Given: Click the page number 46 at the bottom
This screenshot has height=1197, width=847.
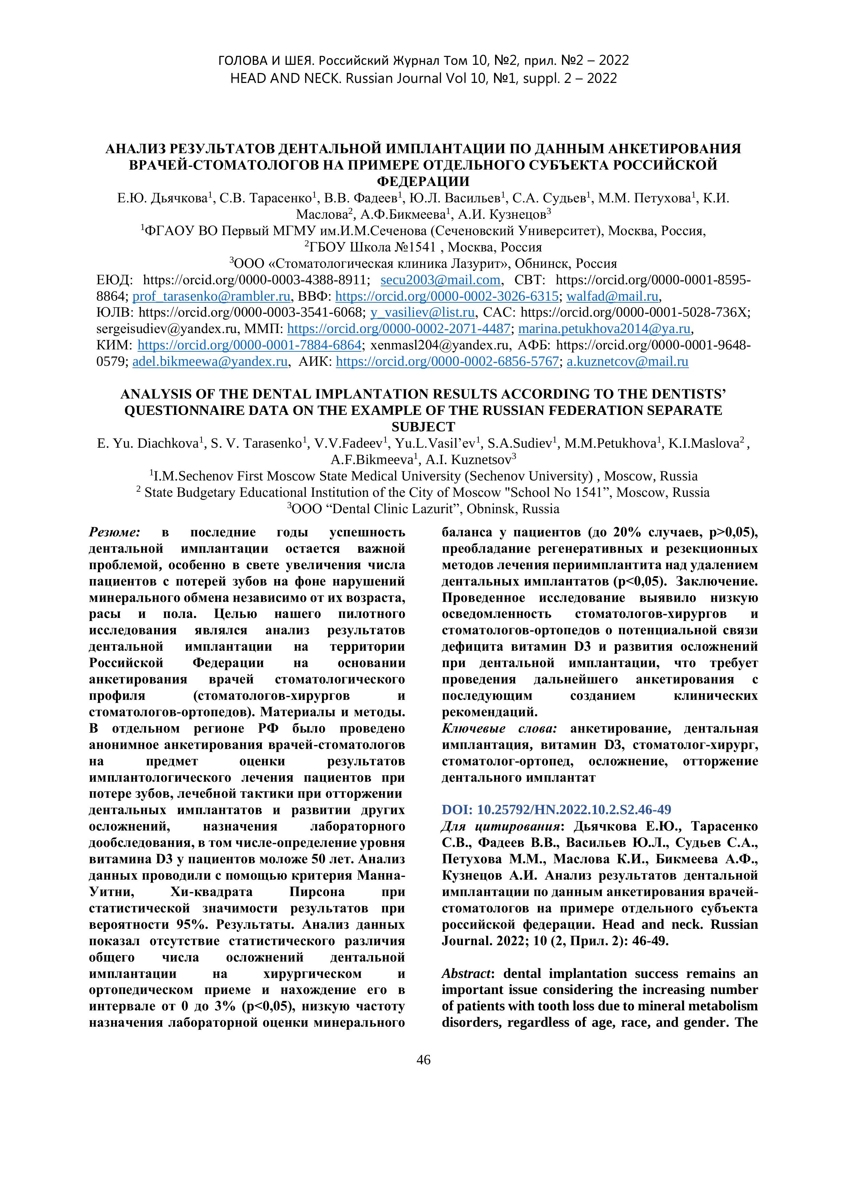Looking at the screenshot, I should point(423,1060).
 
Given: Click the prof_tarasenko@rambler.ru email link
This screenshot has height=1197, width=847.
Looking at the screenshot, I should point(211,297).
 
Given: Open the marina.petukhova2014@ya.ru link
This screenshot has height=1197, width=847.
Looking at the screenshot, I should point(605,329).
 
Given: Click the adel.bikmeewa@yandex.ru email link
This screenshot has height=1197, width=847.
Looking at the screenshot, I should point(210,362).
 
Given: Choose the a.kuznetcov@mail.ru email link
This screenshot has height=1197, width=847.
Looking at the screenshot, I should point(627,362).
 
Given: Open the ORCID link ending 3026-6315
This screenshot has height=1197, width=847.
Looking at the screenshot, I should point(447,297).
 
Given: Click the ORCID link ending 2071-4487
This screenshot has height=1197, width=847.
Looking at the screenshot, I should point(399,329).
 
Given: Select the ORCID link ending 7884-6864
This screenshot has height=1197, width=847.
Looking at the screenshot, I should point(249,345).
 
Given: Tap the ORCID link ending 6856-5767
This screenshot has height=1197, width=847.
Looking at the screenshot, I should point(448,362).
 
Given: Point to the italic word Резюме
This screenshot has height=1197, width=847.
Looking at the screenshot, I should point(115,532).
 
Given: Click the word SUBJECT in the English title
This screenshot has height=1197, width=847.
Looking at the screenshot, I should point(423,427).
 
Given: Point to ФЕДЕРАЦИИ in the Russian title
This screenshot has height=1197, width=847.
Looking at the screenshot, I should point(423,182).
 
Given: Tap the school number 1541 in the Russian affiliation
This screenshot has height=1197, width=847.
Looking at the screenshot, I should point(420,247).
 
